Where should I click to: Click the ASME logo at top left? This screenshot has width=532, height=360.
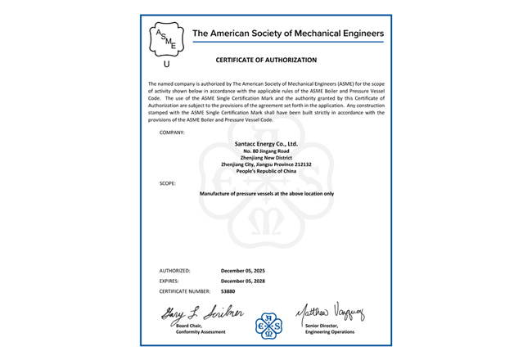pyautogui.click(x=166, y=38)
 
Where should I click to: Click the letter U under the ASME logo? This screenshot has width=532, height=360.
pyautogui.click(x=167, y=64)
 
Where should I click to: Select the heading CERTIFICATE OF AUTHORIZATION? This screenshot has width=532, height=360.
pyautogui.click(x=265, y=60)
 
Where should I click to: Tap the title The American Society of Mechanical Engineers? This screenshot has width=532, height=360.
pyautogui.click(x=286, y=34)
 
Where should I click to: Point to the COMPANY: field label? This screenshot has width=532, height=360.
pyautogui.click(x=172, y=132)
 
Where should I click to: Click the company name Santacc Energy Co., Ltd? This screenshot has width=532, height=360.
pyautogui.click(x=266, y=144)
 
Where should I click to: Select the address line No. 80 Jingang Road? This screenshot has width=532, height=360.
pyautogui.click(x=266, y=151)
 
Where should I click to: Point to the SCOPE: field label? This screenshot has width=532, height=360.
pyautogui.click(x=169, y=183)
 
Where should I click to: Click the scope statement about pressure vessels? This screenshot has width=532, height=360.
pyautogui.click(x=266, y=194)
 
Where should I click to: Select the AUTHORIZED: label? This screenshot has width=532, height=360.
pyautogui.click(x=174, y=270)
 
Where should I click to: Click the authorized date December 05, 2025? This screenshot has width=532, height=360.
pyautogui.click(x=243, y=270)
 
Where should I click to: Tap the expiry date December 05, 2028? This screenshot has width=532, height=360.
pyautogui.click(x=243, y=281)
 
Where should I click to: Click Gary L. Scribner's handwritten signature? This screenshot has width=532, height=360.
pyautogui.click(x=194, y=312)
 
